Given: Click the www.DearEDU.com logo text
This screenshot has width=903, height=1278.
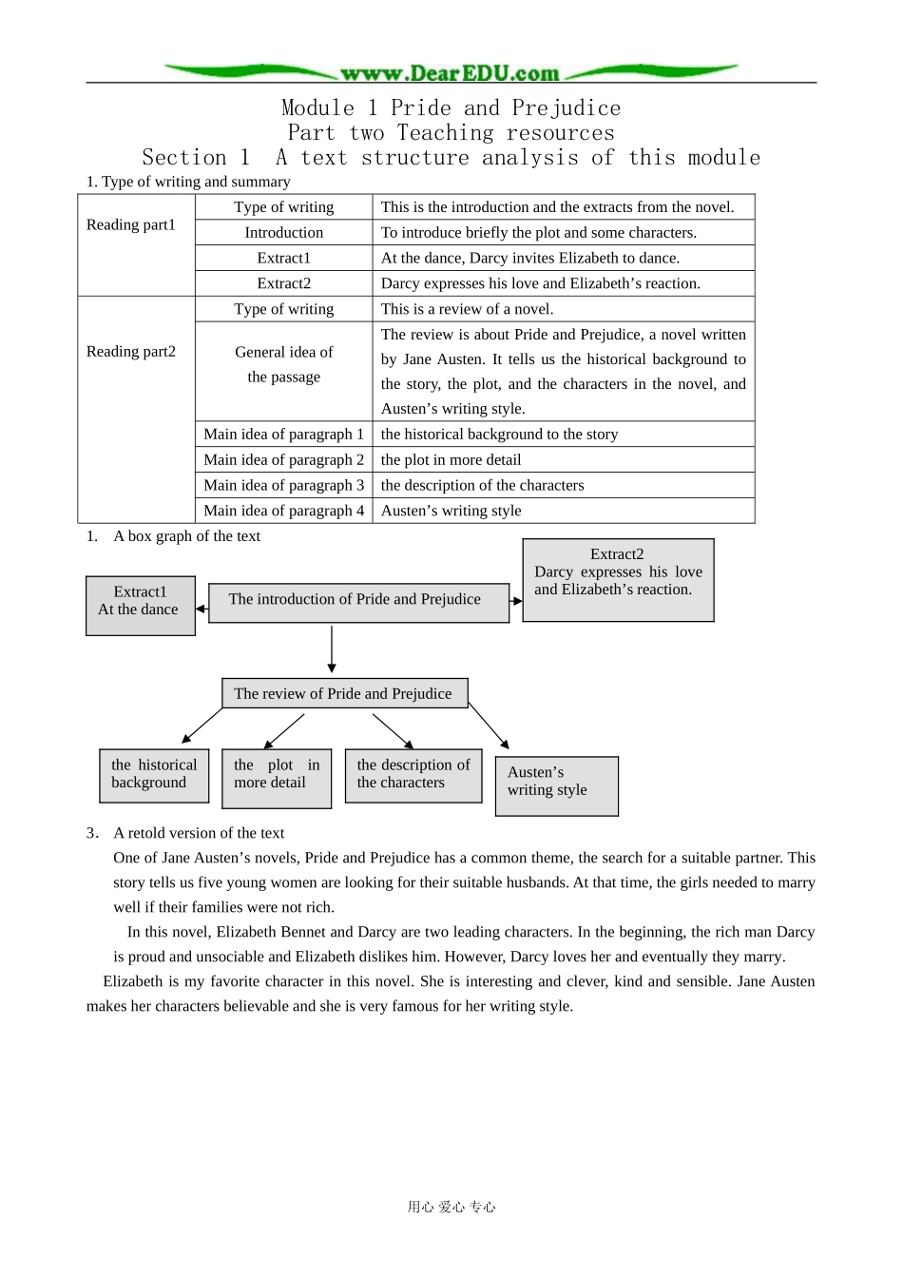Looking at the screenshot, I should [x=450, y=73].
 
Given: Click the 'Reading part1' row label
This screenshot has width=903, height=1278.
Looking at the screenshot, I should [x=131, y=224].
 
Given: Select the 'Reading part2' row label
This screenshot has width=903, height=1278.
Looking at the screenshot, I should [x=131, y=351].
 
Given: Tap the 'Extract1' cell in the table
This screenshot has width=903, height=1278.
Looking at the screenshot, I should [x=283, y=258].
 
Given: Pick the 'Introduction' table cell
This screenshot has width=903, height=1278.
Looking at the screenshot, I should [x=283, y=232].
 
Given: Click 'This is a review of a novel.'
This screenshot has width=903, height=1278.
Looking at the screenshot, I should [x=467, y=309].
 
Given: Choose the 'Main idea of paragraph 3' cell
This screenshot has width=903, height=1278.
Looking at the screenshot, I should [x=283, y=485].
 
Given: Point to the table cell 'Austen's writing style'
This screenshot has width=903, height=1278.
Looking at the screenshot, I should [x=451, y=511].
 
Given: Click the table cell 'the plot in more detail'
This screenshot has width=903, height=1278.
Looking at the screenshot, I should [x=451, y=459].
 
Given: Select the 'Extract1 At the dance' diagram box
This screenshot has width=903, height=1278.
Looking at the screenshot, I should [x=140, y=605].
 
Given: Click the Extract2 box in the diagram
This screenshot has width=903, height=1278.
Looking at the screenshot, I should [x=618, y=580].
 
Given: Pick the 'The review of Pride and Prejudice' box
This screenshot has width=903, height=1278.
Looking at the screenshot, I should [x=344, y=693].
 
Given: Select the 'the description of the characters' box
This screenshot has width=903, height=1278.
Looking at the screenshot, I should [x=413, y=775].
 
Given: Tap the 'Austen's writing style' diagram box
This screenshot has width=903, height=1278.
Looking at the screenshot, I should [x=556, y=785].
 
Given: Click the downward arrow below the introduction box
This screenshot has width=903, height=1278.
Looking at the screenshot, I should [x=332, y=649].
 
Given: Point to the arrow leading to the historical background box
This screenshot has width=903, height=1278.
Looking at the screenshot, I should [x=201, y=726].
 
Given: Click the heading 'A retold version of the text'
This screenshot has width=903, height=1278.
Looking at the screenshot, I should [x=199, y=833].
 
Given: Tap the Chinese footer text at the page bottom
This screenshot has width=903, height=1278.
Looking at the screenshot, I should [x=451, y=1207].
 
